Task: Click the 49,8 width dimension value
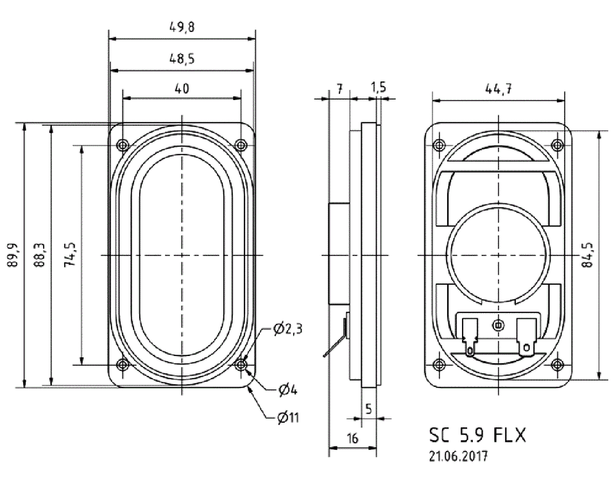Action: click(182, 28)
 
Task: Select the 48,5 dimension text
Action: click(182, 58)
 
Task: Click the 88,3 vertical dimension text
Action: click(42, 255)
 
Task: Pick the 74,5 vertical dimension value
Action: click(73, 255)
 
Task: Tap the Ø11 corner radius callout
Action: click(288, 418)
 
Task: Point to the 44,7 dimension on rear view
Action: click(498, 90)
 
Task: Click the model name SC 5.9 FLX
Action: click(477, 436)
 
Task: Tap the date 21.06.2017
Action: click(458, 457)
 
